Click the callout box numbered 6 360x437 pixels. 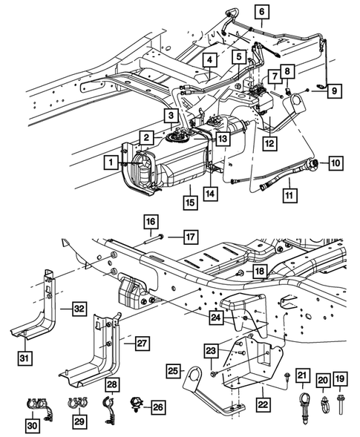coord(261,11)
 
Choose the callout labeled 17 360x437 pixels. coord(191,237)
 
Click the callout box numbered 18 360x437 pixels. coord(258,273)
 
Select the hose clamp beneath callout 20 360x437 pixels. coord(323,404)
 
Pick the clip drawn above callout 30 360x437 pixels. coord(33,405)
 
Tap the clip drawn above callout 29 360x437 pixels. coord(76,404)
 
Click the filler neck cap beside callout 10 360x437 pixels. coord(317,162)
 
